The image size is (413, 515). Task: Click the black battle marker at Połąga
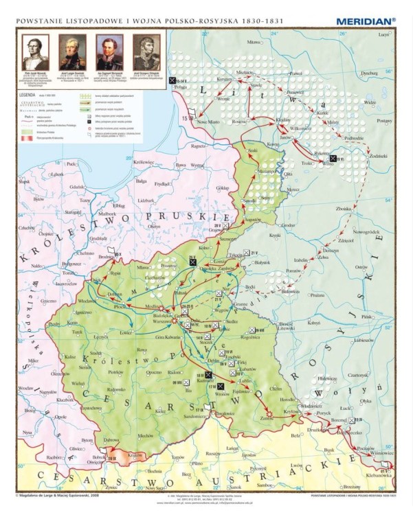click(x=172, y=80)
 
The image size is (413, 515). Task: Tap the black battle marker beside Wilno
click(x=333, y=159)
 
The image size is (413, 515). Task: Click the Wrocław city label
click(x=25, y=388)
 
